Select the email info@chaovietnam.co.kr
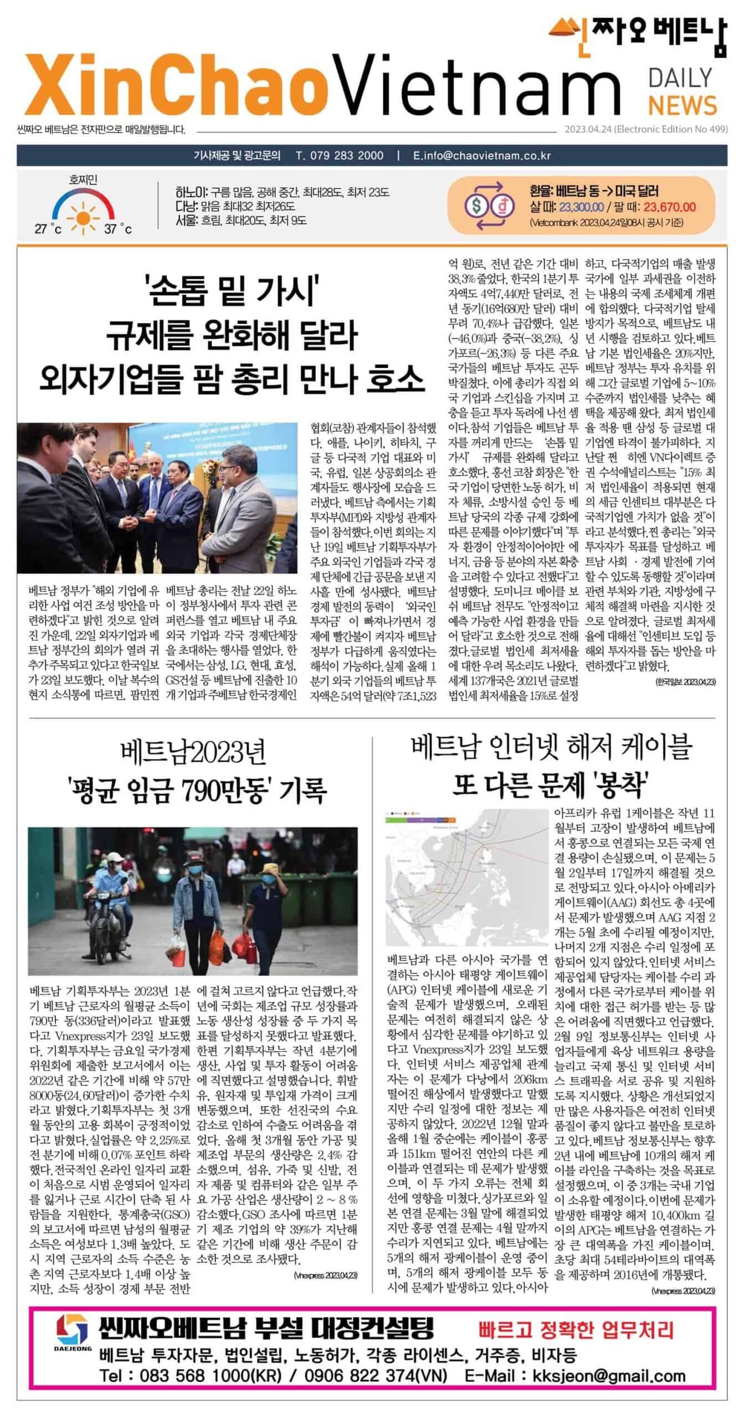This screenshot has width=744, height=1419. pos(488,156)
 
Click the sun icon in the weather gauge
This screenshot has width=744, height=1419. pos(84,213)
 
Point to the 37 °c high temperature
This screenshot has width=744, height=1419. pos(118,228)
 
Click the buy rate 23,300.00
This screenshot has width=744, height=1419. pos(581,207)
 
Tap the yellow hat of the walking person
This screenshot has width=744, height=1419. pos(270,868)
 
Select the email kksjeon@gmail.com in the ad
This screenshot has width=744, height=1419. pos(609,1371)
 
